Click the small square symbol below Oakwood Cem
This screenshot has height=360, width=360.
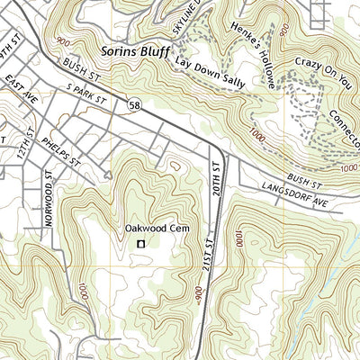(139, 243)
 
